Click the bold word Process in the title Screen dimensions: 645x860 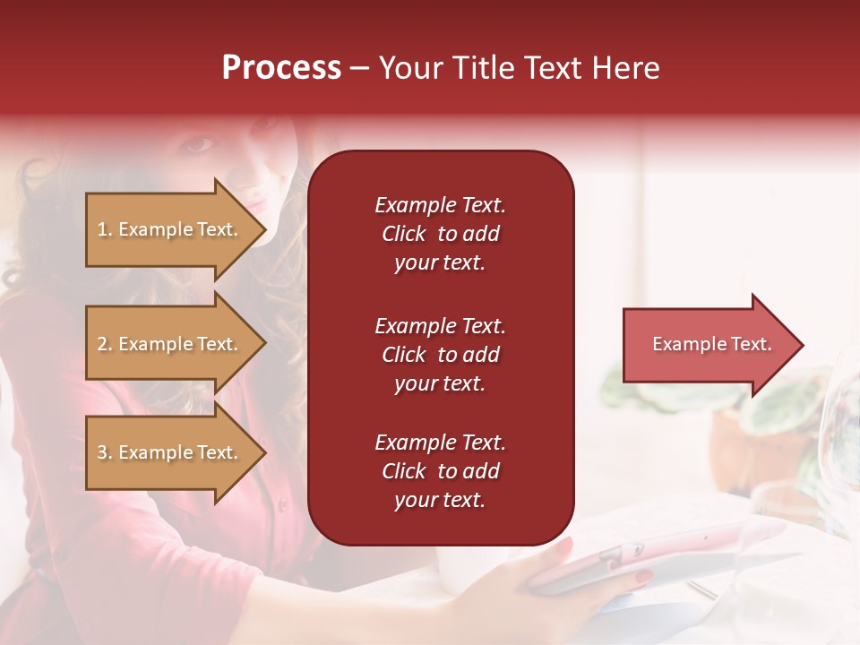[x=281, y=68]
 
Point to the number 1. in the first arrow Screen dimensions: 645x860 [x=105, y=229]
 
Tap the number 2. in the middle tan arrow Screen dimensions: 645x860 [x=105, y=344]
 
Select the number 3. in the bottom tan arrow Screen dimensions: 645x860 [x=105, y=452]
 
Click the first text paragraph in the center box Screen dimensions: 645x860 [x=440, y=234]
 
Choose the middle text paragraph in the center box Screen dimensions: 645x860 [x=440, y=355]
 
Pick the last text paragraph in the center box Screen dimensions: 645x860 [x=440, y=471]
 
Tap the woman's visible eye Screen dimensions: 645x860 [x=202, y=143]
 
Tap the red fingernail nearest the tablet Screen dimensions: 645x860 [x=643, y=576]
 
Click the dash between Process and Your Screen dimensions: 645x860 [x=359, y=69]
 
